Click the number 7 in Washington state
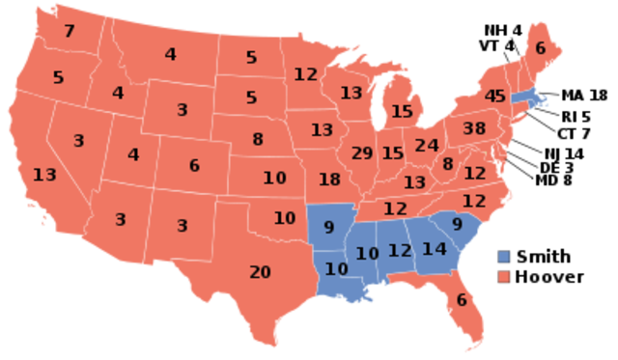(69, 32)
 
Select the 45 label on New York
(495, 97)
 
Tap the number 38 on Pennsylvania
(474, 128)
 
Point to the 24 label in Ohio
(427, 146)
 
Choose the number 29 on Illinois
(362, 153)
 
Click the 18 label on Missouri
(329, 180)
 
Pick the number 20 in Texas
(260, 272)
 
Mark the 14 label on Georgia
(435, 249)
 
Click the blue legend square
(503, 256)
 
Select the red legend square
(503, 276)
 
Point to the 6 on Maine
(540, 49)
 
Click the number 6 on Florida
(462, 300)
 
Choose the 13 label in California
(44, 175)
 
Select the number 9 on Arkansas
(328, 229)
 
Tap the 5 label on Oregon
(58, 77)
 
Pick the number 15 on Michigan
(402, 112)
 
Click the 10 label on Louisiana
(335, 269)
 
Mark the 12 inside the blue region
(400, 251)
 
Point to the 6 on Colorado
(194, 166)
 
